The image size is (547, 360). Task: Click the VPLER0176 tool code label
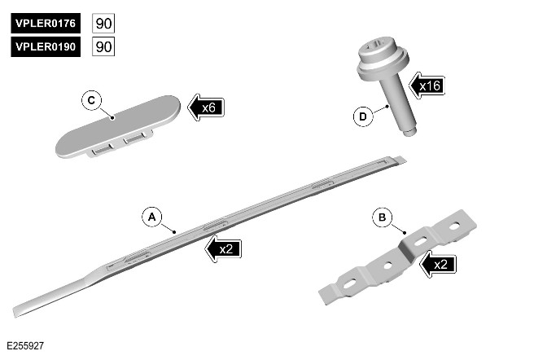click(46, 23)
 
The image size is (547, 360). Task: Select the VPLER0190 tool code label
click(46, 47)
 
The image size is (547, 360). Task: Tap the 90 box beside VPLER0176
click(103, 23)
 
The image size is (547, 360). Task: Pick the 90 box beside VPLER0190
click(103, 47)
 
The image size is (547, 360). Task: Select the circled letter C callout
click(91, 100)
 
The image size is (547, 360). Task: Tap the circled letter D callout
click(362, 116)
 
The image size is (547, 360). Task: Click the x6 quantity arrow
click(206, 107)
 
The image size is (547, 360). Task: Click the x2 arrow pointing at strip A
click(222, 248)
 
